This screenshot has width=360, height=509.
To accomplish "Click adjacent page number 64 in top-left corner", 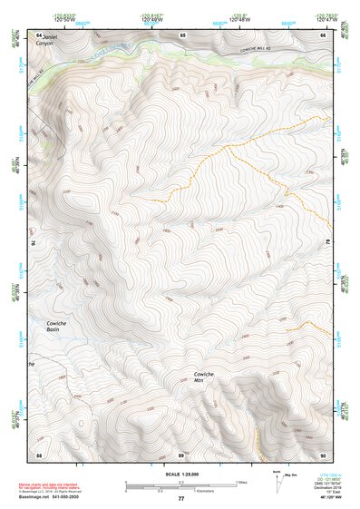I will point(39,34).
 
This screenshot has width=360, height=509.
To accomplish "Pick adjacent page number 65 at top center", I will point(183,34).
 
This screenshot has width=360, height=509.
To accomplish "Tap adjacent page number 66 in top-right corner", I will point(324,34).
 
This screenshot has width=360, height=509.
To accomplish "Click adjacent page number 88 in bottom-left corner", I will point(39,455).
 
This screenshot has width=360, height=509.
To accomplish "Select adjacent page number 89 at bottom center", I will point(181,455).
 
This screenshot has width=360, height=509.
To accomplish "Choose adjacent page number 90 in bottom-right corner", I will point(324,455).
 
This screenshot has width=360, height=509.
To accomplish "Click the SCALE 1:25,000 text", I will point(180,474).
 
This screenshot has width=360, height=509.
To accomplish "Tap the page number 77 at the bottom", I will point(180,499).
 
